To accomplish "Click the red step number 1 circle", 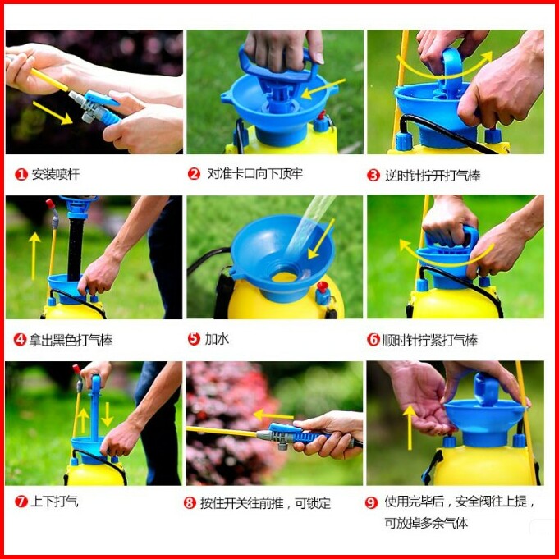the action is click(21, 175).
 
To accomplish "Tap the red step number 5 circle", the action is click(194, 339).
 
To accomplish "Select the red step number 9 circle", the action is click(371, 502).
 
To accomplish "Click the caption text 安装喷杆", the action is click(56, 174).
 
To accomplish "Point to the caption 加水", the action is click(217, 339).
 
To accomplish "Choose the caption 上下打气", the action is click(54, 502).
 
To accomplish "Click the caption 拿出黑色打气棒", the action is click(71, 340).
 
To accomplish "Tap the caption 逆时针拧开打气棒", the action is click(433, 176).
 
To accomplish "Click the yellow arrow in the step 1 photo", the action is click(53, 112).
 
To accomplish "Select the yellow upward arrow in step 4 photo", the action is click(34, 256).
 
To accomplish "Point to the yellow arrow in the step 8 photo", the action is click(273, 415).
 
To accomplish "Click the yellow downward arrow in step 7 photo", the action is click(107, 415).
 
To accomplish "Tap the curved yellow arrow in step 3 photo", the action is click(445, 68).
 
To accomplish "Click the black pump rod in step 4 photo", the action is click(76, 250).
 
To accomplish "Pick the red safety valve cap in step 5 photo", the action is click(323, 286).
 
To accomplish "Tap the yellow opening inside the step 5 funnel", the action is click(285, 277).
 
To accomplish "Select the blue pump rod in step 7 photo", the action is click(95, 408).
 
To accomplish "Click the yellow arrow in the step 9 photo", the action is click(410, 427).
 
